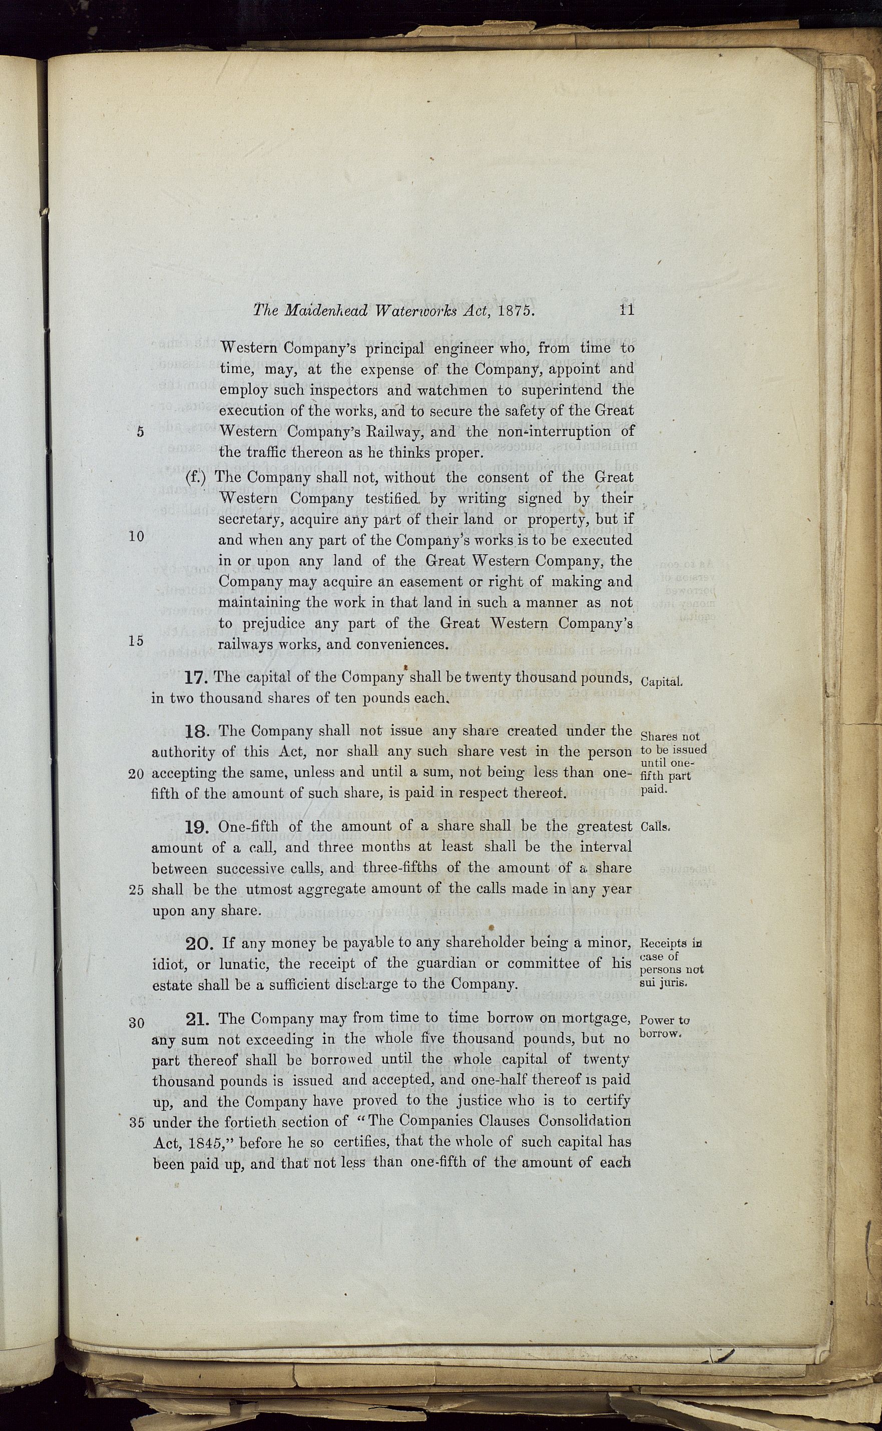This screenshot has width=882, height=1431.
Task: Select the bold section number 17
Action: [x=197, y=677]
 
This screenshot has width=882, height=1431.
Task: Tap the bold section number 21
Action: [x=198, y=1018]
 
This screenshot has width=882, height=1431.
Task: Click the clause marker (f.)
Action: [x=197, y=477]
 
